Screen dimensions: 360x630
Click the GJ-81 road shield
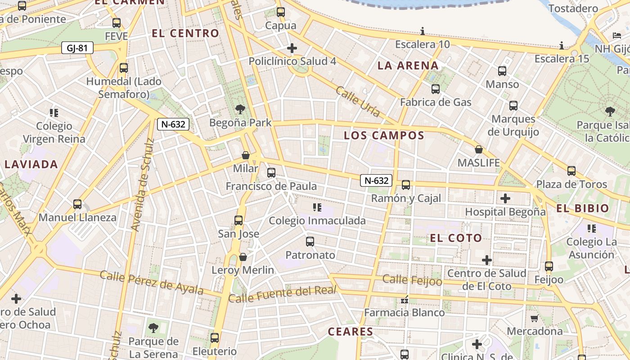[x=77, y=48]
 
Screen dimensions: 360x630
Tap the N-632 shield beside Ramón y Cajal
[x=376, y=180]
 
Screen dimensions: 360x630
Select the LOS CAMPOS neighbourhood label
[x=384, y=135]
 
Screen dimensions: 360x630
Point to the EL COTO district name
[x=456, y=238]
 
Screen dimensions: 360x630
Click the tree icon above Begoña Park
[x=240, y=109]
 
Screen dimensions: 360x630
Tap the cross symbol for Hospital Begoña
[x=505, y=198]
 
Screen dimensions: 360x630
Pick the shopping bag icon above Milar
[x=246, y=155]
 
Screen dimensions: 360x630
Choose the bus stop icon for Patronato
[x=310, y=242]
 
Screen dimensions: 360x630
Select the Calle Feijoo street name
[x=412, y=280]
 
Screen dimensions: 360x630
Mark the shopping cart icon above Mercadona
[x=534, y=318]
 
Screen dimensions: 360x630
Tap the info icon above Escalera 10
[x=423, y=31]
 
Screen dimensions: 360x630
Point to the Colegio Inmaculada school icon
[x=317, y=207]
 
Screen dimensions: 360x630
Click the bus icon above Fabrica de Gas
[x=435, y=89]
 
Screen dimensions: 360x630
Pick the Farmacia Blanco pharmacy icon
[x=404, y=299]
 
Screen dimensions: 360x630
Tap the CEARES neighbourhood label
[x=351, y=332]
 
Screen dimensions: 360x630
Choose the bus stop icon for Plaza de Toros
[x=571, y=171]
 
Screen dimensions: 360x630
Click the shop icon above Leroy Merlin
[x=243, y=257]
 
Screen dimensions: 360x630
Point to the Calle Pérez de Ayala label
[x=152, y=282]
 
